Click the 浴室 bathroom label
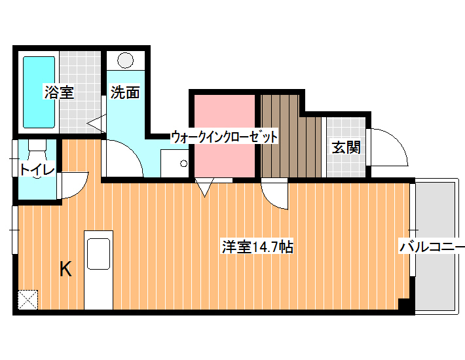click(59, 92)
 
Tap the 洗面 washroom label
click(125, 92)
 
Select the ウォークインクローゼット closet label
click(225, 137)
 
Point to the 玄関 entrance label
click(346, 147)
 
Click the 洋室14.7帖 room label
click(257, 247)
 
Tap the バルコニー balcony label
click(432, 247)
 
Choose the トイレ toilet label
click(37, 170)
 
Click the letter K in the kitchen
click(65, 269)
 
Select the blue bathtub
click(39, 92)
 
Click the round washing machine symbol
click(125, 60)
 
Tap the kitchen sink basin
click(98, 253)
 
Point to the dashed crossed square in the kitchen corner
click(28, 300)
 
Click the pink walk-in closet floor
click(225, 135)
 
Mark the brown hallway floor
click(291, 136)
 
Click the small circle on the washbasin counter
click(183, 163)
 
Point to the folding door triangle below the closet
click(204, 188)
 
